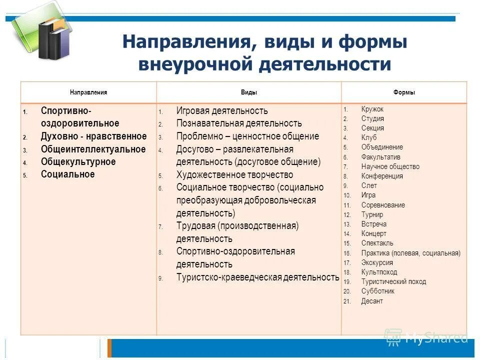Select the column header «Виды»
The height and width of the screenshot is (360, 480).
(x=248, y=92)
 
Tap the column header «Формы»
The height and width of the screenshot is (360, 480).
(x=404, y=92)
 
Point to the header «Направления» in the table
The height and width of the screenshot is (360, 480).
(x=88, y=92)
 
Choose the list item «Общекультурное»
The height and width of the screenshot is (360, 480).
(x=78, y=162)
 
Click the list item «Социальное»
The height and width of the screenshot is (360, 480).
(x=68, y=174)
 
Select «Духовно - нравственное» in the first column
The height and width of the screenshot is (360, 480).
(x=94, y=136)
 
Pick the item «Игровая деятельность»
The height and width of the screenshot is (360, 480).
(x=222, y=111)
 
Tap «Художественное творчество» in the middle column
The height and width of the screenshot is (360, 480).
(x=234, y=175)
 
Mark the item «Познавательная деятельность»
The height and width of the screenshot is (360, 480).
(x=239, y=123)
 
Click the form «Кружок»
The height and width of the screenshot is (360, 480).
(x=372, y=109)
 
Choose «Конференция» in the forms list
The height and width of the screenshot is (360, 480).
(x=382, y=176)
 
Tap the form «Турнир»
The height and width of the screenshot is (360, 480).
(x=372, y=214)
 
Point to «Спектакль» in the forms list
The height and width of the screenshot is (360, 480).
(x=377, y=243)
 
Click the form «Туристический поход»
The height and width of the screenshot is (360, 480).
(x=393, y=281)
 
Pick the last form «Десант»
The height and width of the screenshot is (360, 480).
(x=372, y=301)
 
